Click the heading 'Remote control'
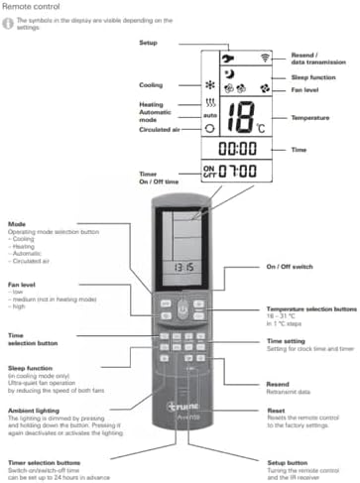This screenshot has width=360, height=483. tap(31, 7)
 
